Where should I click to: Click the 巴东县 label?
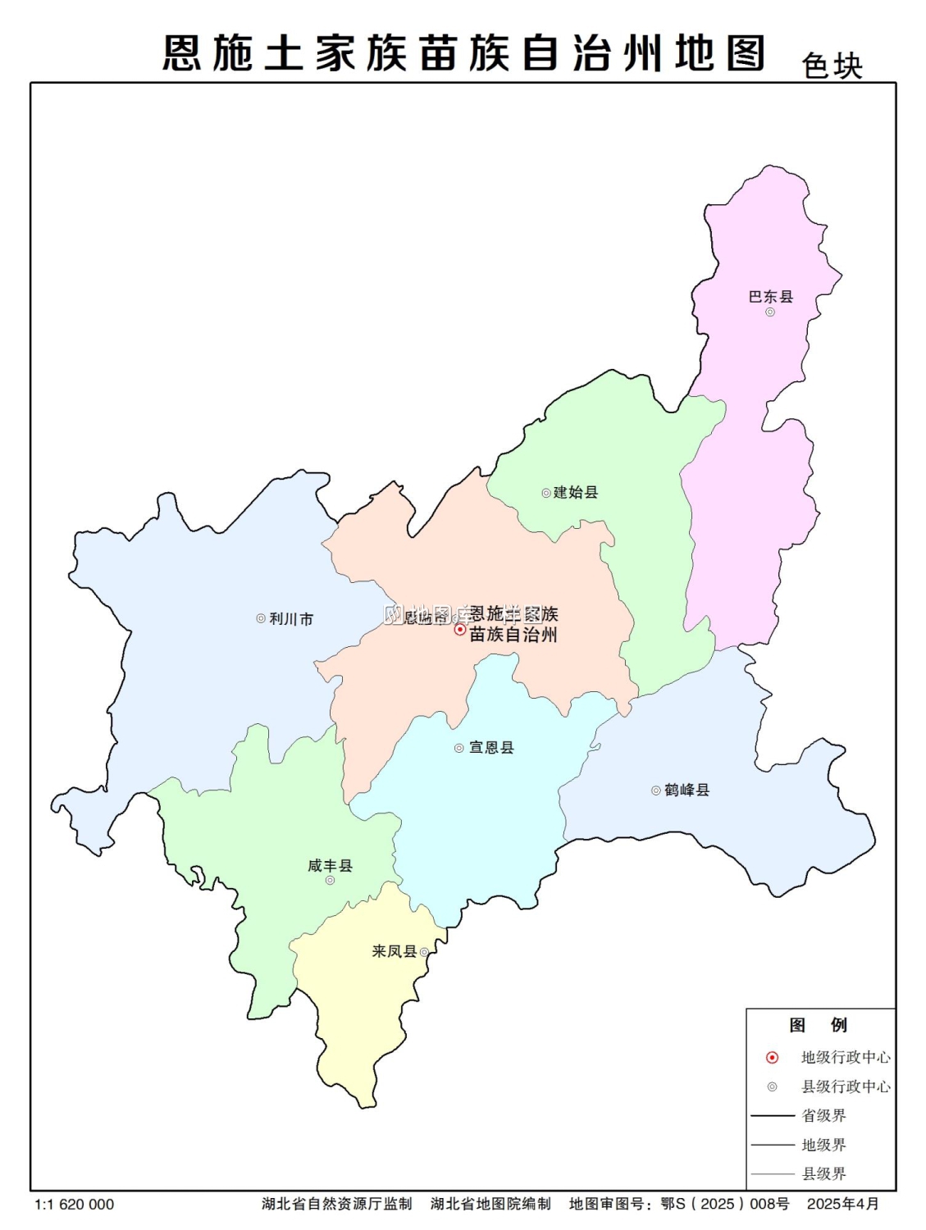pyautogui.click(x=770, y=296)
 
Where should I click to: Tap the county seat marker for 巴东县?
pyautogui.click(x=770, y=312)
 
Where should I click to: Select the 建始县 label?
pyautogui.click(x=576, y=492)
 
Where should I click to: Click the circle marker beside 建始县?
pyautogui.click(x=546, y=493)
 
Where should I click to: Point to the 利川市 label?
pyautogui.click(x=291, y=619)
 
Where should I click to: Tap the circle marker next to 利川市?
pyautogui.click(x=261, y=619)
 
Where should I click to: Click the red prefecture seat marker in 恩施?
pyautogui.click(x=460, y=630)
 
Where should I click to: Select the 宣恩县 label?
pyautogui.click(x=491, y=747)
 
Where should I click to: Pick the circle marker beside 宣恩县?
pyautogui.click(x=459, y=748)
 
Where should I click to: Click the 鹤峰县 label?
pyautogui.click(x=687, y=790)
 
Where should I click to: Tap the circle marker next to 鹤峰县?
pyautogui.click(x=656, y=790)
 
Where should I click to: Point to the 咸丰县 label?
pyautogui.click(x=330, y=865)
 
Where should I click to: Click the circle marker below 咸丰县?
pyautogui.click(x=330, y=881)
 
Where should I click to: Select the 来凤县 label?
pyautogui.click(x=395, y=951)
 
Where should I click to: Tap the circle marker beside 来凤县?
pyautogui.click(x=424, y=952)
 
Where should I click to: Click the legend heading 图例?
pyautogui.click(x=818, y=1025)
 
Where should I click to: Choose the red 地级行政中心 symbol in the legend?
pyautogui.click(x=772, y=1058)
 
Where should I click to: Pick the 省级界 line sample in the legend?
pyautogui.click(x=773, y=1115)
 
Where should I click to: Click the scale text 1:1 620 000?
pyautogui.click(x=75, y=1205)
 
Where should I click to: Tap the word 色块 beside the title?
pyautogui.click(x=832, y=66)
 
